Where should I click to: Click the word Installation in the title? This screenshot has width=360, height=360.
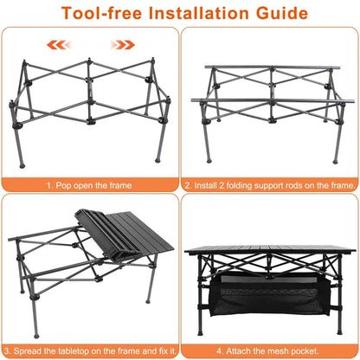pyautogui.click(x=198, y=13)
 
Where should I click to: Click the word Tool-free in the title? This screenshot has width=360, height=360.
pyautogui.click(x=101, y=13)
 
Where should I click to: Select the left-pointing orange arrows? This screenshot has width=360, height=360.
pyautogui.click(x=59, y=45)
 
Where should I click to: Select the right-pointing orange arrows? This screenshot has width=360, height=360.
pyautogui.click(x=123, y=45)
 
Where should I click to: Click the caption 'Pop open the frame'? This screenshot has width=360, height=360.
pyautogui.click(x=93, y=185)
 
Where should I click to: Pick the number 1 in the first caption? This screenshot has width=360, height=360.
pyautogui.click(x=48, y=185)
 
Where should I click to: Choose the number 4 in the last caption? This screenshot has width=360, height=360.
pyautogui.click(x=219, y=351)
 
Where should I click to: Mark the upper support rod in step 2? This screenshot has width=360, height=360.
pyautogui.click(x=273, y=67)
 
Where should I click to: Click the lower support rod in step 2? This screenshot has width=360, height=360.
pyautogui.click(x=273, y=100)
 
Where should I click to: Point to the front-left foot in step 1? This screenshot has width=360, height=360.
pyautogui.click(x=22, y=166)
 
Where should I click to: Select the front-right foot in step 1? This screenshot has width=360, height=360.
pyautogui.click(x=157, y=160)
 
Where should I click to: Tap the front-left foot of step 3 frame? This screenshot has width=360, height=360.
pyautogui.click(x=36, y=336)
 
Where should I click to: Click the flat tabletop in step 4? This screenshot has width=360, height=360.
pyautogui.click(x=270, y=249)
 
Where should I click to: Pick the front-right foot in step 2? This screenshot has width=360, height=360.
pyautogui.click(x=335, y=162)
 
